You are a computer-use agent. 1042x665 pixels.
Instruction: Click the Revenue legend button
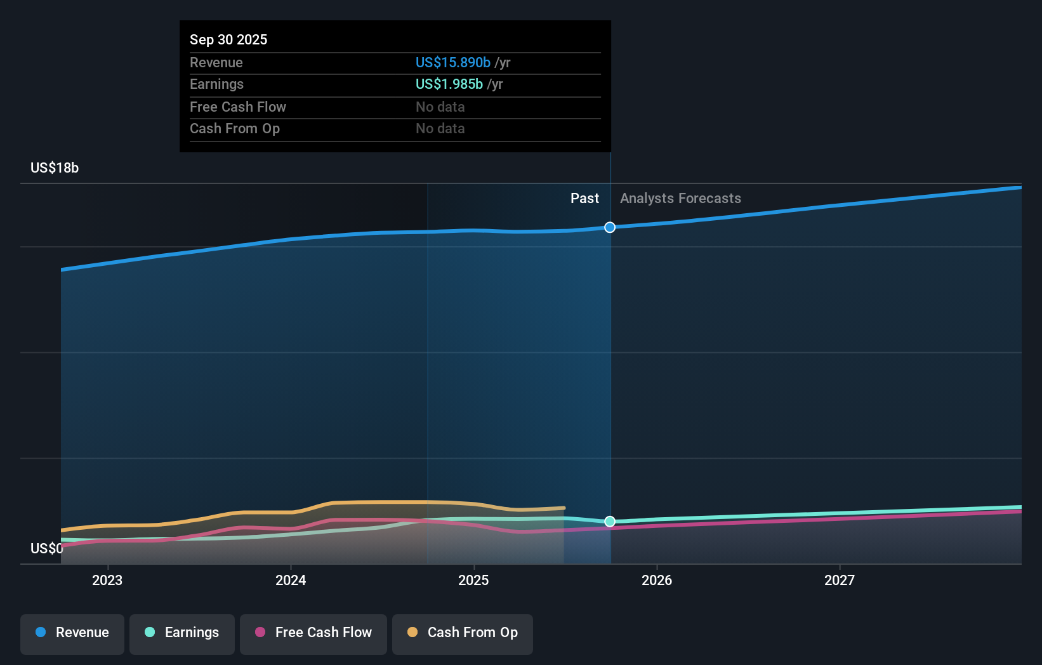coord(72,633)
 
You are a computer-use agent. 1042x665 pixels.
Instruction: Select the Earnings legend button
coord(182,633)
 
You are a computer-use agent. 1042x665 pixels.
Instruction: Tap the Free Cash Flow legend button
coord(313,633)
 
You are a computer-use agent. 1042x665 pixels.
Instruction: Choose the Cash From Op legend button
coord(463,633)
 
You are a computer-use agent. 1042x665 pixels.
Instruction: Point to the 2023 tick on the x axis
coord(107,580)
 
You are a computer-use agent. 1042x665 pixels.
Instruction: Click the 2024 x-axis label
coord(291,580)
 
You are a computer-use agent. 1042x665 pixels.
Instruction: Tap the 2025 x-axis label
coord(473,580)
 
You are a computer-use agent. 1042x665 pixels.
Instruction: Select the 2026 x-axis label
coord(657,580)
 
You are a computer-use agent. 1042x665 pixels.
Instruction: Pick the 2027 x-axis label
coord(840,580)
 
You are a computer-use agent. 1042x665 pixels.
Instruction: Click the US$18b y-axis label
coord(55,168)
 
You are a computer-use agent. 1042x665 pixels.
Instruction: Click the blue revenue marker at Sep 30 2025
coord(610,227)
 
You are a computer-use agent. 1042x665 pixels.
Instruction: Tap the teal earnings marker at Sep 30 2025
coord(610,522)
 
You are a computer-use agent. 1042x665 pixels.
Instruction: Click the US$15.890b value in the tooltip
coord(453,63)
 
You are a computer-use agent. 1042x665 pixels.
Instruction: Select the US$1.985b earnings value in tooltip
coord(449,84)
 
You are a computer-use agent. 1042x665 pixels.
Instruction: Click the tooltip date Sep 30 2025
coord(228,40)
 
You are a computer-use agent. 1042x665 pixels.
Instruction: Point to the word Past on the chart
coord(584,199)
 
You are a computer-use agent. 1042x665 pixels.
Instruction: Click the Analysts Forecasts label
coord(680,199)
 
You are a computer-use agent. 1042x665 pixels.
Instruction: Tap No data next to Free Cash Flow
coord(440,107)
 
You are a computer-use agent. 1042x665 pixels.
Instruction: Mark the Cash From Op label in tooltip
coord(235,129)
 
